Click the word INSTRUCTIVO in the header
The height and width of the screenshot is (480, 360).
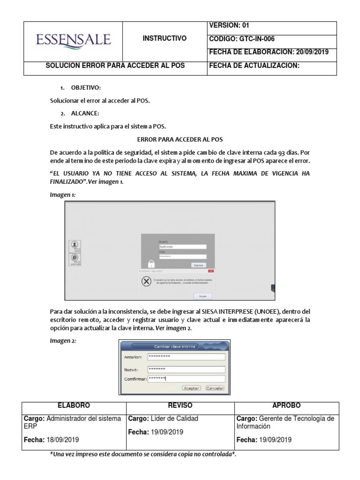pos(165,38)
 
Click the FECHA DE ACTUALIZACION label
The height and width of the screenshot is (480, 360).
pos(254,66)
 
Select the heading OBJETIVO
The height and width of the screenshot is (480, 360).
pos(86,88)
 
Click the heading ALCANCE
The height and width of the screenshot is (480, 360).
pos(84,113)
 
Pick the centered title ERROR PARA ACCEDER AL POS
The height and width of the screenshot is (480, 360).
pos(180,140)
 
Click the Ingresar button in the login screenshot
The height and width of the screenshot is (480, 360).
pos(199,265)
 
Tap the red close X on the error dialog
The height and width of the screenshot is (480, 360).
pos(211,271)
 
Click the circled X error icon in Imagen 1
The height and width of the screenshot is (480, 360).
pos(146,281)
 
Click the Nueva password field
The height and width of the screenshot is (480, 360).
pos(186,369)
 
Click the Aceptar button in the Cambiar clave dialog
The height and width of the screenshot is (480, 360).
pos(191,388)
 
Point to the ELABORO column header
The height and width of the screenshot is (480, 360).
pos(73,405)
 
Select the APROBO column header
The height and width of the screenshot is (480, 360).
pos(286,405)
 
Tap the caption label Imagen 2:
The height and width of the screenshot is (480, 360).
pos(63,341)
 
